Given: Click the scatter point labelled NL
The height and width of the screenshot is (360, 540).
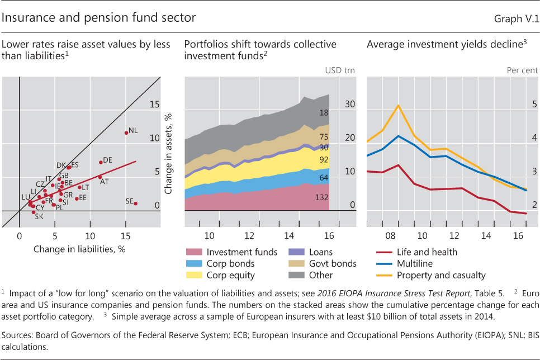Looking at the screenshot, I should pyautogui.click(x=126, y=132).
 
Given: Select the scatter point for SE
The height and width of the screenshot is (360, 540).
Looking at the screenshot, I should pyautogui.click(x=136, y=203).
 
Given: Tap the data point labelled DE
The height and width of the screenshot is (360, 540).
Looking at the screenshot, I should pyautogui.click(x=101, y=162).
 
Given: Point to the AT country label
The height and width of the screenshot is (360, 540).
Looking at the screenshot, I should pyautogui.click(x=104, y=182).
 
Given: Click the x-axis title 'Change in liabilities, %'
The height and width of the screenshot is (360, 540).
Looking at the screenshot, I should pyautogui.click(x=79, y=249).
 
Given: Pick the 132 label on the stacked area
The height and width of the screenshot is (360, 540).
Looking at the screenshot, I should pyautogui.click(x=321, y=198).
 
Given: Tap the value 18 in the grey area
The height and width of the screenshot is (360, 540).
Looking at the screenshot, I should pyautogui.click(x=324, y=113).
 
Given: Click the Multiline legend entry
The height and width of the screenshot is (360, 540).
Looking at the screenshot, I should pyautogui.click(x=416, y=263).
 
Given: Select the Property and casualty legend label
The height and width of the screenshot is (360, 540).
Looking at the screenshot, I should pyautogui.click(x=441, y=275).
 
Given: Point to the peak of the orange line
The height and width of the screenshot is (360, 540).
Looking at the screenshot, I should pyautogui.click(x=398, y=105).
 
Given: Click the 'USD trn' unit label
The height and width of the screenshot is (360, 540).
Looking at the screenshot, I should pyautogui.click(x=340, y=70).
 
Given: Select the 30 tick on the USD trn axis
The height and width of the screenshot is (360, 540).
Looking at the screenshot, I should pyautogui.click(x=350, y=104).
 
